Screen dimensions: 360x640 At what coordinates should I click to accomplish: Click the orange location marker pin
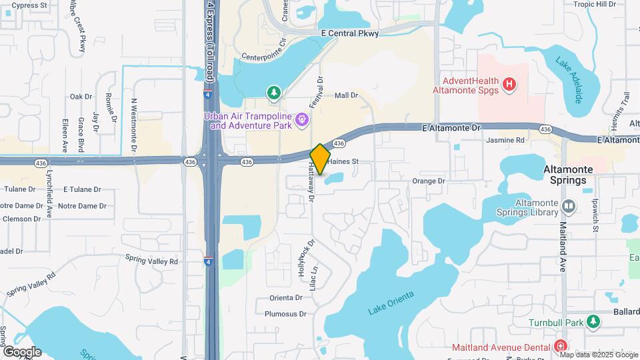[x=320, y=159]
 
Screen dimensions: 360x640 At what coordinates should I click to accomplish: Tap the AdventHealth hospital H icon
[x=509, y=84]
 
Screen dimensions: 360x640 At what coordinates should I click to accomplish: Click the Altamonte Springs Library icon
[x=568, y=207]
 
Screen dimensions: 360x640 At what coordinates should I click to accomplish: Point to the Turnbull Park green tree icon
[x=593, y=323]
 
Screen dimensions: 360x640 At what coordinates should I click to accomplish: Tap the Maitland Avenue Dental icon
[x=561, y=347]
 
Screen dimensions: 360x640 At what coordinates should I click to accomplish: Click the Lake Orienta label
[x=391, y=303]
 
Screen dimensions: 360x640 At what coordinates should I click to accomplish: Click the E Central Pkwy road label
[x=349, y=33]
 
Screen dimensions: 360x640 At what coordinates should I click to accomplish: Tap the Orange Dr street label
[x=428, y=181]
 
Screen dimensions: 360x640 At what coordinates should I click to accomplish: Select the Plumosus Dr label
[x=285, y=313]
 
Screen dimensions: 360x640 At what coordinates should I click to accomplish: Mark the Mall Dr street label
[x=346, y=95]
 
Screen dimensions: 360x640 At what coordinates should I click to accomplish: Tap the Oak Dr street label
[x=81, y=97]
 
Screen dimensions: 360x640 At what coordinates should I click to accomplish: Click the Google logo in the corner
[x=21, y=352]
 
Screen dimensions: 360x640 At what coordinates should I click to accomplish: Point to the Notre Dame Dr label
[x=78, y=205]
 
